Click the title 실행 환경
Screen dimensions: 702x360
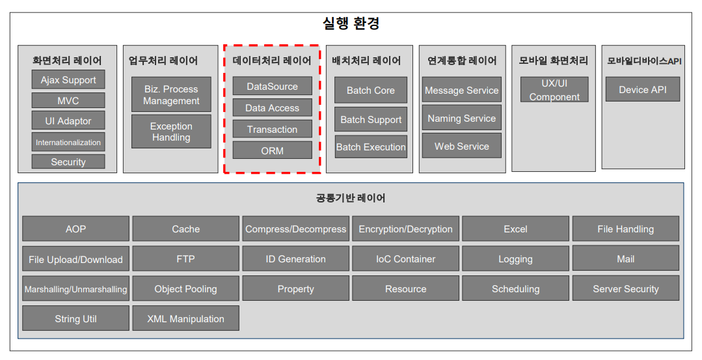[351, 24]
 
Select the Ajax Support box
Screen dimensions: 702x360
[68, 80]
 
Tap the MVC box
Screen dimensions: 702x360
[68, 101]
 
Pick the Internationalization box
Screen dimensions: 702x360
[68, 142]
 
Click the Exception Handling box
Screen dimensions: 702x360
[171, 132]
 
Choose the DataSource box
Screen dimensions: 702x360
[272, 87]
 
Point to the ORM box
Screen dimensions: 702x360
[272, 150]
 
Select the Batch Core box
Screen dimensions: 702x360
[371, 90]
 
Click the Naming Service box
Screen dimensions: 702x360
[462, 118]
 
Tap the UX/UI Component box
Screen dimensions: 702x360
[554, 90]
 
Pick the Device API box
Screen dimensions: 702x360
[643, 89]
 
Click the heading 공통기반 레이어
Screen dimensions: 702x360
[351, 198]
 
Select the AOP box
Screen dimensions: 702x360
[75, 229]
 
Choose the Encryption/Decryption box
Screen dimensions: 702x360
[405, 229]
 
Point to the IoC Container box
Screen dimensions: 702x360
[405, 259]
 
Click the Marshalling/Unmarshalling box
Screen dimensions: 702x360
[75, 289]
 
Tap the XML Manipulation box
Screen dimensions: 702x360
[185, 319]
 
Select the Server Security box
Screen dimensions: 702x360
[626, 289]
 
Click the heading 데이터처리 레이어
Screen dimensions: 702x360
[272, 61]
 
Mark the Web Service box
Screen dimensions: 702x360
[462, 146]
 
